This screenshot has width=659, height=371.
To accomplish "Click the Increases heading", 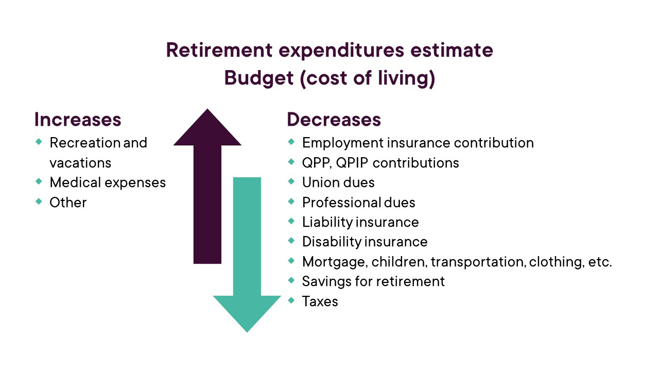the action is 78,120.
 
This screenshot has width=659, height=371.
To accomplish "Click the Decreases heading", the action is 334,120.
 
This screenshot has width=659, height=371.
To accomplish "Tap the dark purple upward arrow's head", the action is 207,128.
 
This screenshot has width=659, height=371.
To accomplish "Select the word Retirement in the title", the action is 219,50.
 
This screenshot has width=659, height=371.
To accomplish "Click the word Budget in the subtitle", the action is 259,78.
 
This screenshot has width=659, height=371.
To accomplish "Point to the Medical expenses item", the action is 108,182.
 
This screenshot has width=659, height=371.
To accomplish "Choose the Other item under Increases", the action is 68,203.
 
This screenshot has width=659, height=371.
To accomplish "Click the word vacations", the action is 80,163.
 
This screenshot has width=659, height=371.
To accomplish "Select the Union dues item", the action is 338,182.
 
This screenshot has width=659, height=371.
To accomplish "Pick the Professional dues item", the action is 359,203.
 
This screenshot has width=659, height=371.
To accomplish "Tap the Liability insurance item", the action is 360,222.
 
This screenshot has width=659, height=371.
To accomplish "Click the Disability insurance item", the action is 365,242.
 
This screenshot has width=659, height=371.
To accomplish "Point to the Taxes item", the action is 320,301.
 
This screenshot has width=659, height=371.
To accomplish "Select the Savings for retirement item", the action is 373,281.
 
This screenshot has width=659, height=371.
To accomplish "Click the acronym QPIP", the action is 352,163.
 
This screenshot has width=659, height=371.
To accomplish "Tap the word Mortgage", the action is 335,262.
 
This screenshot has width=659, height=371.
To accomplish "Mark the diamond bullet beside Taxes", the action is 291,300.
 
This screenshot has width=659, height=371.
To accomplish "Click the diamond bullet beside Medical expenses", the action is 39,181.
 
